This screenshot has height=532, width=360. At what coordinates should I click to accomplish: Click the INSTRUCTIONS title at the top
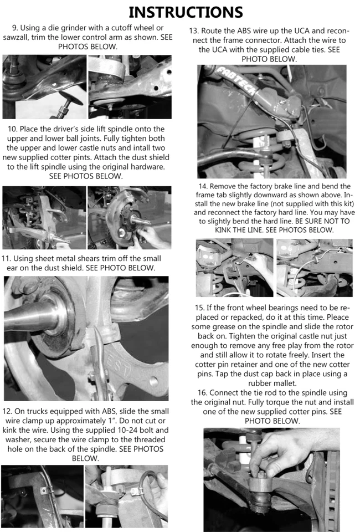(x=186, y=12)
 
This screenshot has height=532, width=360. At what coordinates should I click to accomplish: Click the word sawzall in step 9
(x=20, y=38)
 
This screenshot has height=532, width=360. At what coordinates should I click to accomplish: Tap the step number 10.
(x=13, y=129)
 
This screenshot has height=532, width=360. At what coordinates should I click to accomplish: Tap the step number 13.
(x=194, y=30)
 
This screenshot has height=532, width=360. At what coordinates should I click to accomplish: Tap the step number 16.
(x=200, y=392)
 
